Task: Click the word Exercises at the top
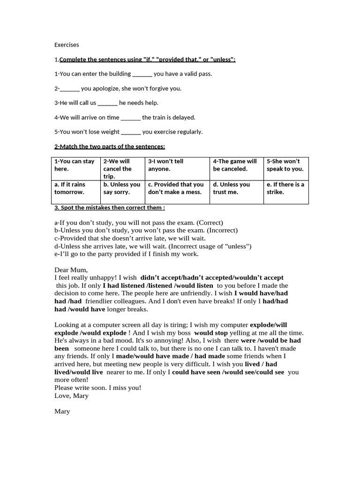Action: (67, 45)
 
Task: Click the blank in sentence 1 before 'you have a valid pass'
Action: (142, 74)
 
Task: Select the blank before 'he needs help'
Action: (107, 103)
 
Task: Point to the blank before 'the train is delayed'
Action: (130, 118)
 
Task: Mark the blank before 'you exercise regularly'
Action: (131, 132)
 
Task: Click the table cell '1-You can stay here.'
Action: (75, 165)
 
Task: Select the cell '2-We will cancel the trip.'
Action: (123, 169)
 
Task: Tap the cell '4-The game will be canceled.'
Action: (236, 165)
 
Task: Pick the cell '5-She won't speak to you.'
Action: (285, 165)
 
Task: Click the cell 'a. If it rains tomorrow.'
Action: (75, 188)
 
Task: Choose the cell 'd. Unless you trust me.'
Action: (236, 188)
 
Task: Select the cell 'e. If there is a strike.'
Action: (285, 188)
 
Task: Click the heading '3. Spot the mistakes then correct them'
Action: (110, 208)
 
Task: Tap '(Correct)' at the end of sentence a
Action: (210, 223)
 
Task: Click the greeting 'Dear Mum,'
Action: (71, 270)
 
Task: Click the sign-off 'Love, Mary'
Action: (71, 396)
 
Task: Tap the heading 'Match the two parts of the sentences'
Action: (112, 147)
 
